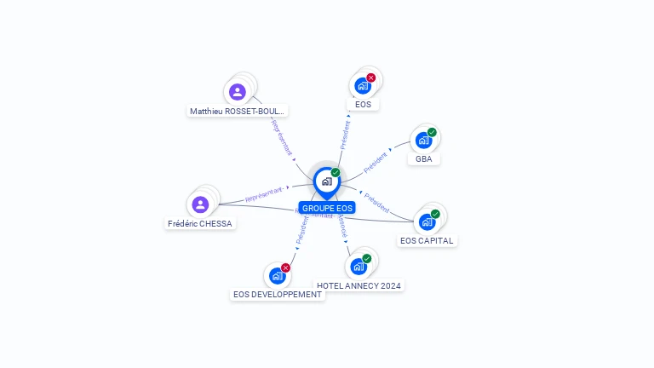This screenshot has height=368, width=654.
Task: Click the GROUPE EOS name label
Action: (x=327, y=208)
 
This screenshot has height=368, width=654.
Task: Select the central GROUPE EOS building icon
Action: (x=326, y=181)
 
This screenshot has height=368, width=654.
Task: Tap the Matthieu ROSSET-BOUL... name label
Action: (x=238, y=111)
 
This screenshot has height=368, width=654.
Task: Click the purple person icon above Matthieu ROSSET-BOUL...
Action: (x=238, y=91)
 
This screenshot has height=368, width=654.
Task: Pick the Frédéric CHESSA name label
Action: (x=200, y=223)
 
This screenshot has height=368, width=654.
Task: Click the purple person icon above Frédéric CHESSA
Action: (x=200, y=204)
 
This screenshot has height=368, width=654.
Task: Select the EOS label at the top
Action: (x=363, y=105)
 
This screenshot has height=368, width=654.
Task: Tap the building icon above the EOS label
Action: (x=362, y=86)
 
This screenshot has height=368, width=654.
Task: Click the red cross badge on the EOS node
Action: (x=371, y=78)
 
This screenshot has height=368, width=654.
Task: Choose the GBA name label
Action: (x=423, y=158)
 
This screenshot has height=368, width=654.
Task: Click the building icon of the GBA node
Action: (x=423, y=141)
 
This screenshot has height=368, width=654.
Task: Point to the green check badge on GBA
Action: (x=432, y=132)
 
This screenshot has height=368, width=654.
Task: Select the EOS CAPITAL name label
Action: (x=427, y=240)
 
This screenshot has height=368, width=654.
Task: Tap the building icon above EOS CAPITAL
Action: (x=427, y=222)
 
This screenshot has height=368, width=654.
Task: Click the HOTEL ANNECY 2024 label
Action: (x=359, y=285)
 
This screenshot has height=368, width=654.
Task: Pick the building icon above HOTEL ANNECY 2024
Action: (x=359, y=267)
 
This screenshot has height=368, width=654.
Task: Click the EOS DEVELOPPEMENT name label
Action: (x=278, y=294)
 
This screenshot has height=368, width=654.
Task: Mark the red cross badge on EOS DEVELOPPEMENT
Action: (x=285, y=267)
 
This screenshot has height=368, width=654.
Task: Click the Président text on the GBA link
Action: (x=376, y=162)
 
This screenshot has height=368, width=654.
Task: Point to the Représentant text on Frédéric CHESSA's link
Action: (x=263, y=197)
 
